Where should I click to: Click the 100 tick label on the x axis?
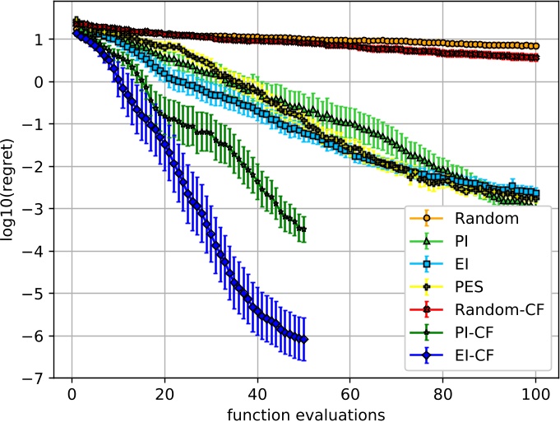(536, 392)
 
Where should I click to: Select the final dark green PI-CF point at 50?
(304, 229)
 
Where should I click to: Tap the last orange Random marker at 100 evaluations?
(536, 46)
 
